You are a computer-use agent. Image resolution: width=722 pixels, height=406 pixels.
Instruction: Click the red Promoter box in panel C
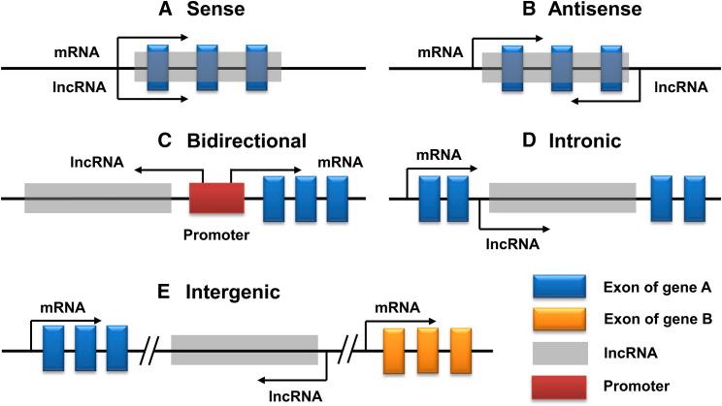(x=215, y=199)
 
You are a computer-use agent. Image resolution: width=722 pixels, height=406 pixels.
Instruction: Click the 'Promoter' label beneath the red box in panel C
(x=215, y=234)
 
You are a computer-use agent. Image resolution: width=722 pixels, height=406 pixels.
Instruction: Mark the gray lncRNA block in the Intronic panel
(x=562, y=199)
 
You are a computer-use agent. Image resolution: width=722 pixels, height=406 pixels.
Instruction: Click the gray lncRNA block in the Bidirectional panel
(x=98, y=199)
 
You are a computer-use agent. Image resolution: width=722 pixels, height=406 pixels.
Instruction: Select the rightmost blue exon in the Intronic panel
(x=694, y=199)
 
